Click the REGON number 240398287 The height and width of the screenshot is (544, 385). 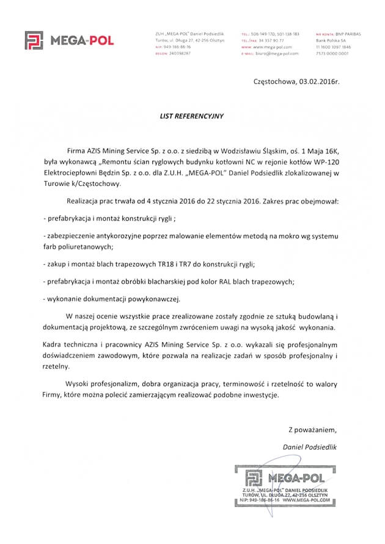pos(177,53)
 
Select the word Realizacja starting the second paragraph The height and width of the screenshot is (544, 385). pos(85,200)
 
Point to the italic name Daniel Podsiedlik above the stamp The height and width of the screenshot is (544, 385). pos(310,447)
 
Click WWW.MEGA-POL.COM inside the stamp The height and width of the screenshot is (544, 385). pos(309,500)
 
